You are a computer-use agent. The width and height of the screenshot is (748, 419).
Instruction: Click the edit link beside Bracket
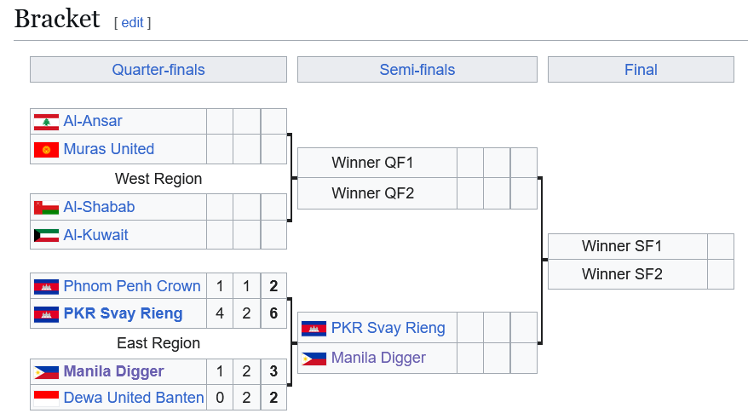click(132, 23)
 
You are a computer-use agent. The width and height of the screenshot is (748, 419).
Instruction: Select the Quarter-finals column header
click(158, 70)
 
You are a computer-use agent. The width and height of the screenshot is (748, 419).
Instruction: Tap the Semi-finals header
click(417, 70)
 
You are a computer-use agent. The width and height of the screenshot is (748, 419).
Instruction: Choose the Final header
click(641, 70)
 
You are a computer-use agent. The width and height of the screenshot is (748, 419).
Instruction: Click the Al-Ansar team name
click(93, 121)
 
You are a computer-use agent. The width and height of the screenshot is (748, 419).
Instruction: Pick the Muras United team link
click(109, 149)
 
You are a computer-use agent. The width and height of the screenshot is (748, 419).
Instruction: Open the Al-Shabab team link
click(99, 207)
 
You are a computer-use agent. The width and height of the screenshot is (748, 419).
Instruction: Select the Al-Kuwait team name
click(95, 234)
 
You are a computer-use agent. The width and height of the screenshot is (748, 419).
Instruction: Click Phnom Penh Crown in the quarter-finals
click(132, 286)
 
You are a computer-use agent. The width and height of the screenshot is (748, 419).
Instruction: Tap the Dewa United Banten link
click(134, 397)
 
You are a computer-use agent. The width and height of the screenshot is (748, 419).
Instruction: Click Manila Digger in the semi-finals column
click(378, 358)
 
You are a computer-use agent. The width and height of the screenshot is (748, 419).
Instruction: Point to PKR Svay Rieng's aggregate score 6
click(273, 313)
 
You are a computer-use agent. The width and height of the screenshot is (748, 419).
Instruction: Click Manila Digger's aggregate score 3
click(273, 371)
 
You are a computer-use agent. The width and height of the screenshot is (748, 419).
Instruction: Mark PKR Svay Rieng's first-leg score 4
click(220, 313)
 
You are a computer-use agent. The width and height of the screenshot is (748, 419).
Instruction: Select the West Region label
click(158, 179)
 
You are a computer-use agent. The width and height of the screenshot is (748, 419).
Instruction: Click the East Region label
click(158, 343)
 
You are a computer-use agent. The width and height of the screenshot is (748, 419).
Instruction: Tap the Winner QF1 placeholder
click(372, 163)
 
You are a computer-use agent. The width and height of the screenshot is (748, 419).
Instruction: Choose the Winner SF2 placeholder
click(622, 274)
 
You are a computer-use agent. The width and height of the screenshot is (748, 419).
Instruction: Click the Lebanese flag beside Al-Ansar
click(46, 122)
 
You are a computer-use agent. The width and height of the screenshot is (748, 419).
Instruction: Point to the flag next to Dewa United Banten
click(46, 398)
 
